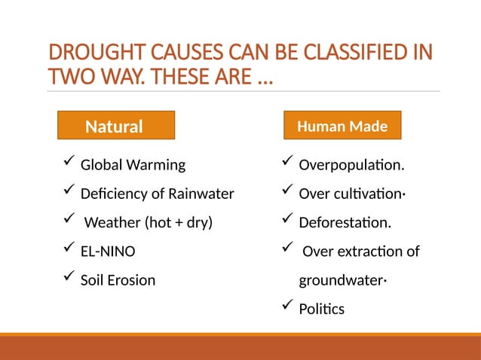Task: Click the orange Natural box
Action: click(x=116, y=126)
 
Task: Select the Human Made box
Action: click(x=342, y=127)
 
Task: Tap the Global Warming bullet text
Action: click(x=133, y=165)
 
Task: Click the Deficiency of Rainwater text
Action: click(x=157, y=194)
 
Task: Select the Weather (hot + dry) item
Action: click(x=148, y=222)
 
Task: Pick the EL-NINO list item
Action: click(x=108, y=252)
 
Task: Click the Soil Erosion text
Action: click(x=118, y=280)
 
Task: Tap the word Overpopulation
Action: click(x=351, y=165)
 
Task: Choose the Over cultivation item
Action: click(x=352, y=194)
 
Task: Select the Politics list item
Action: click(x=321, y=309)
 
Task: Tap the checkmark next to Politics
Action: click(x=286, y=306)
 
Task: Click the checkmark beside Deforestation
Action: click(x=286, y=220)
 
